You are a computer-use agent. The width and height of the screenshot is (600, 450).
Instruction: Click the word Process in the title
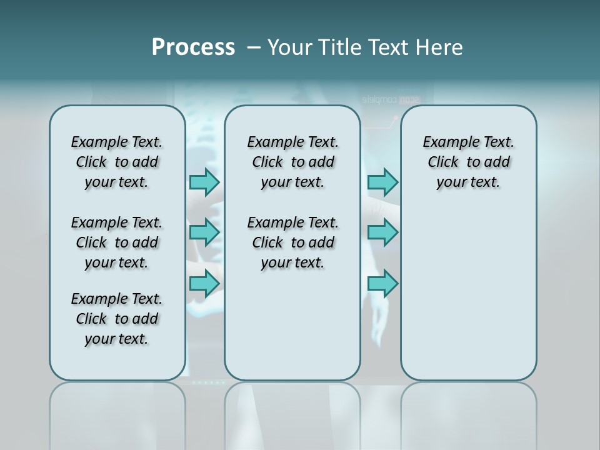click(193, 47)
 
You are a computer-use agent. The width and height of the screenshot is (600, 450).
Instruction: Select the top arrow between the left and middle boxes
click(204, 182)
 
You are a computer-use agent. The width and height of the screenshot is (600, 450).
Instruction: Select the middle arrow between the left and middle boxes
click(204, 232)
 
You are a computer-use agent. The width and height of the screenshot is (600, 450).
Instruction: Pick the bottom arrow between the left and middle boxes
click(204, 283)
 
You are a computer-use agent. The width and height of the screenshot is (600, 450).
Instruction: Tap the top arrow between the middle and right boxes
click(382, 182)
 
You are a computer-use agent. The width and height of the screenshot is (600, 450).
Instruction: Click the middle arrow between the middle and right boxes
click(382, 232)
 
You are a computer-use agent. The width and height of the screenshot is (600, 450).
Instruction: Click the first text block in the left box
click(117, 162)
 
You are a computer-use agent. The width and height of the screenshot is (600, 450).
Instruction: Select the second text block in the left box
click(117, 242)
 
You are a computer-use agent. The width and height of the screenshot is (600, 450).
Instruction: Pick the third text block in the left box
click(117, 319)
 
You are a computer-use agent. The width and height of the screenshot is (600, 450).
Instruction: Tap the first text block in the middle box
click(292, 162)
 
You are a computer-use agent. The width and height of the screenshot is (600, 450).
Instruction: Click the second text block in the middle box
click(292, 242)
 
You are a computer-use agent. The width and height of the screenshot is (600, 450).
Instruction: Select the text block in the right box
click(468, 162)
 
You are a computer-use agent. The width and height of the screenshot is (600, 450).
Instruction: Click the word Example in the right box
click(447, 142)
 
